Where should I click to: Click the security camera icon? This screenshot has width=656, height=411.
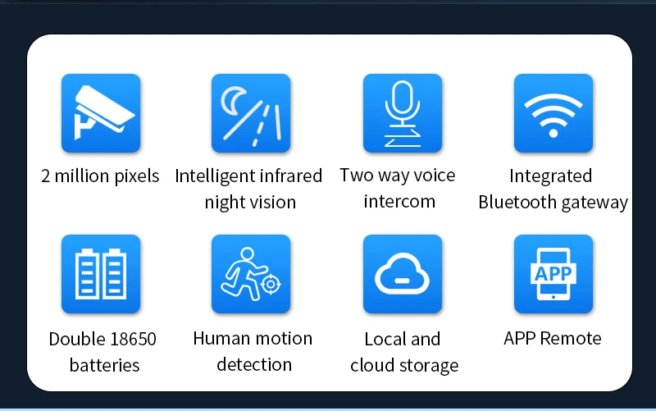[x=101, y=113]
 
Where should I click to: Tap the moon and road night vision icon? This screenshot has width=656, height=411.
[x=251, y=113]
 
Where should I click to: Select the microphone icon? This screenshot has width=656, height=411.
[x=402, y=113]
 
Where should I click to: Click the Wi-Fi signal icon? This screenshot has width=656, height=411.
[x=553, y=113]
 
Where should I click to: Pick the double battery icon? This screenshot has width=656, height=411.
[x=101, y=274]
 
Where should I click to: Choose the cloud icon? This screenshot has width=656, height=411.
[x=402, y=274]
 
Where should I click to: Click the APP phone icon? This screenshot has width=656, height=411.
[x=553, y=274]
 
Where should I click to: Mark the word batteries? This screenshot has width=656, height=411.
[x=104, y=365]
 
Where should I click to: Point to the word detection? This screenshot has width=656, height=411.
[x=254, y=364]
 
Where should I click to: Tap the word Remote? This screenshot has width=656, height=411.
[x=572, y=339]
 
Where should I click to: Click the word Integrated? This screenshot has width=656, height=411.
[x=550, y=176]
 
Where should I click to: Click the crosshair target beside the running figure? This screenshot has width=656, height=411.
[x=270, y=285]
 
